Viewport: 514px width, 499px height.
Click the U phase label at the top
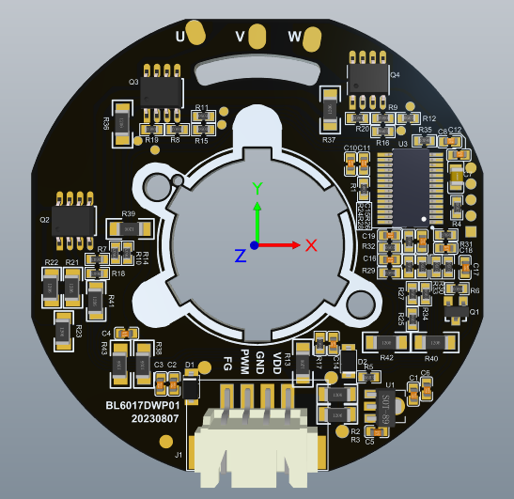tap(180, 37)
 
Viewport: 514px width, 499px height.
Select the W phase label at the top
tap(294, 37)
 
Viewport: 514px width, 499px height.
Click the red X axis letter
tap(312, 245)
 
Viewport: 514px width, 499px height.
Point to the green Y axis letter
tap(257, 187)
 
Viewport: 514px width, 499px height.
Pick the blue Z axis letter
tap(241, 255)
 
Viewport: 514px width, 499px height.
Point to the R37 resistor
tap(329, 110)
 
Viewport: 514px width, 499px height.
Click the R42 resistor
tap(385, 343)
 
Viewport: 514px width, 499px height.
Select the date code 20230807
tap(154, 418)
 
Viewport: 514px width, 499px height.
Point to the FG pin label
tap(227, 364)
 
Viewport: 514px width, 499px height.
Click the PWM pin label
tap(244, 361)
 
